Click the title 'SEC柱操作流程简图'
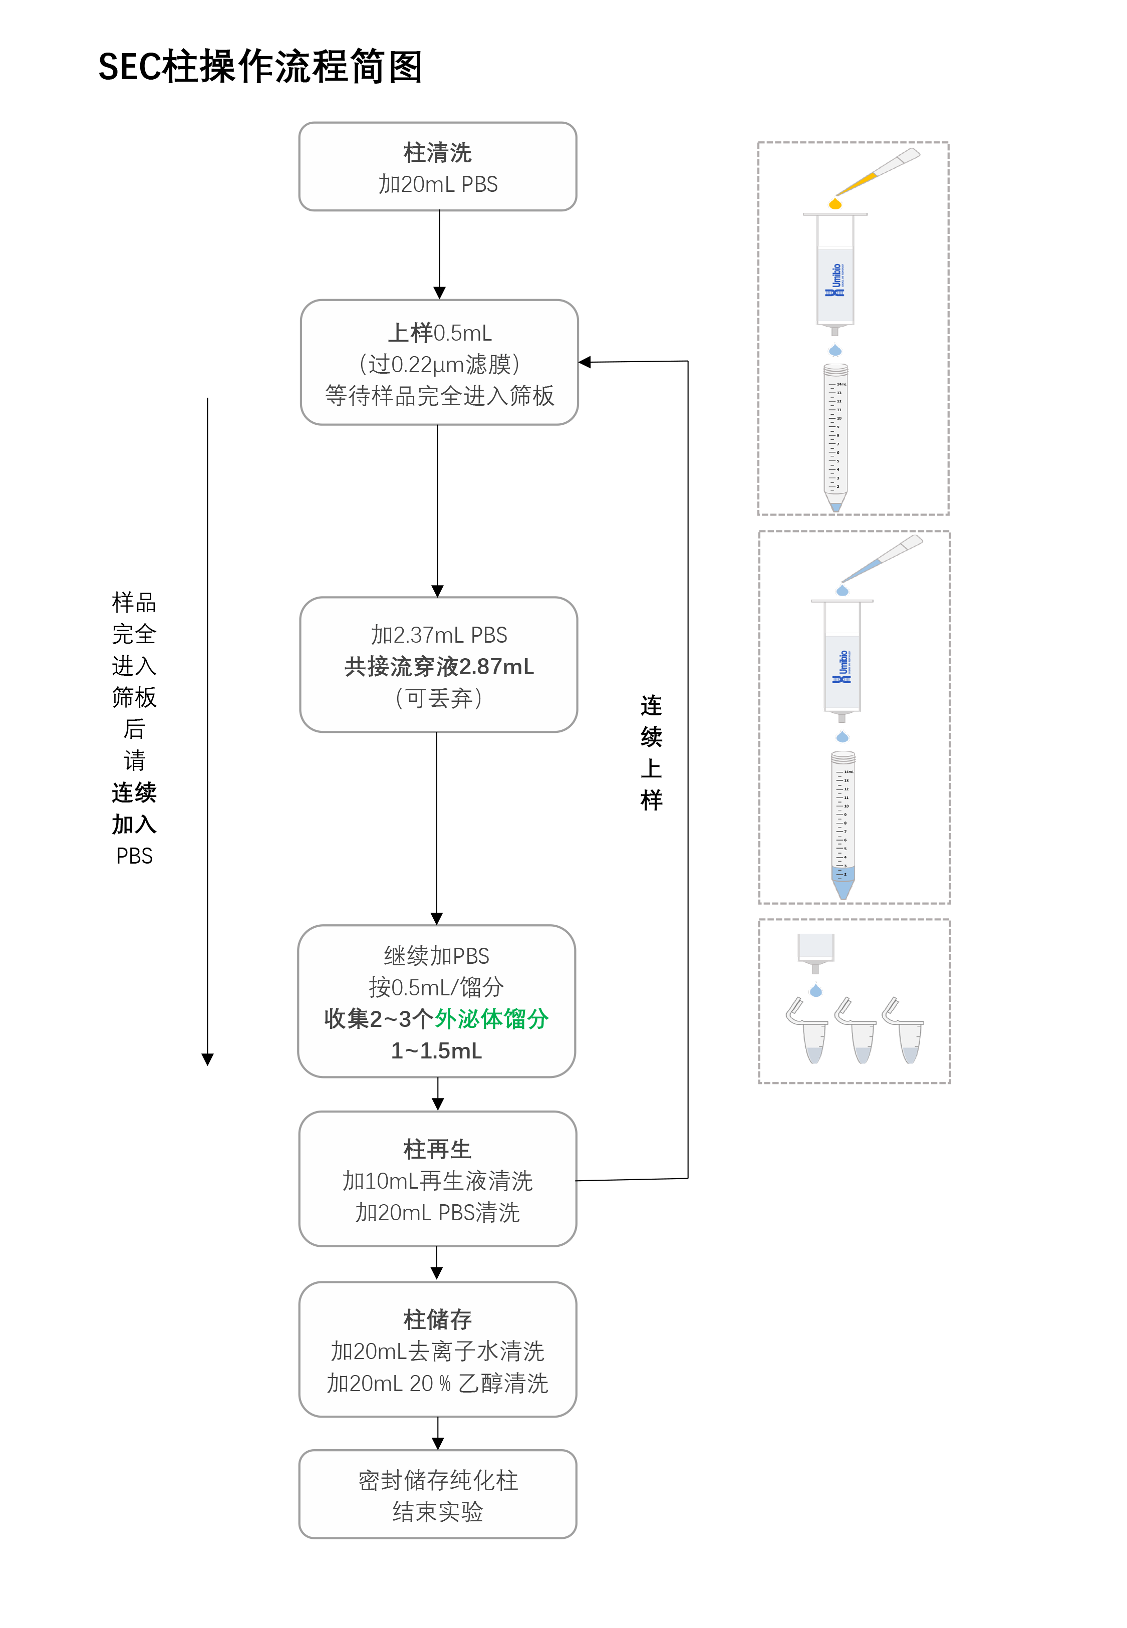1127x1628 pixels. pos(260,67)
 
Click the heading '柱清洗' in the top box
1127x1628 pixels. pos(437,152)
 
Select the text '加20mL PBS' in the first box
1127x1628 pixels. pos(438,184)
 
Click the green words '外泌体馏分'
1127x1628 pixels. pos(491,1019)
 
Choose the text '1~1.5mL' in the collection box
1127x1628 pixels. pos(436,1050)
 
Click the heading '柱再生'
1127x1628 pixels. pos(437,1149)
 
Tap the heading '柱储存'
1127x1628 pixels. pos(437,1319)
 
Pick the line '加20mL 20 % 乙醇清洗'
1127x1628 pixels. pos(437,1383)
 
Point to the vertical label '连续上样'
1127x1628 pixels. pos(651,752)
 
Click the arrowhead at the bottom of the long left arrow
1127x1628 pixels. pos(207,1059)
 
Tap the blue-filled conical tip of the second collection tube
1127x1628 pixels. pos(843,885)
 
